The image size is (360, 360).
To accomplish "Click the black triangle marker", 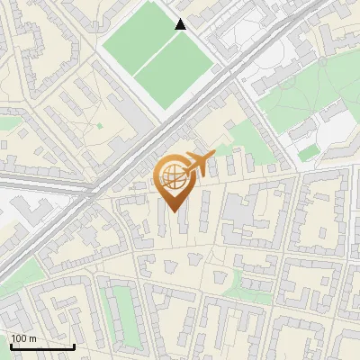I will pos(181,24).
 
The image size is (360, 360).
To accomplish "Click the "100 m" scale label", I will pos(23,338).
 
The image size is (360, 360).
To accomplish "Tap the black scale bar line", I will pos(41,346).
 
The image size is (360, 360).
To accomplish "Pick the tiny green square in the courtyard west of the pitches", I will pos(99,124).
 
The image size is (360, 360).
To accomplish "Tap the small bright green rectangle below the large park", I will pos(309,154).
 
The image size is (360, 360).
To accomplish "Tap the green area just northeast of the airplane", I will pos(243,139).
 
